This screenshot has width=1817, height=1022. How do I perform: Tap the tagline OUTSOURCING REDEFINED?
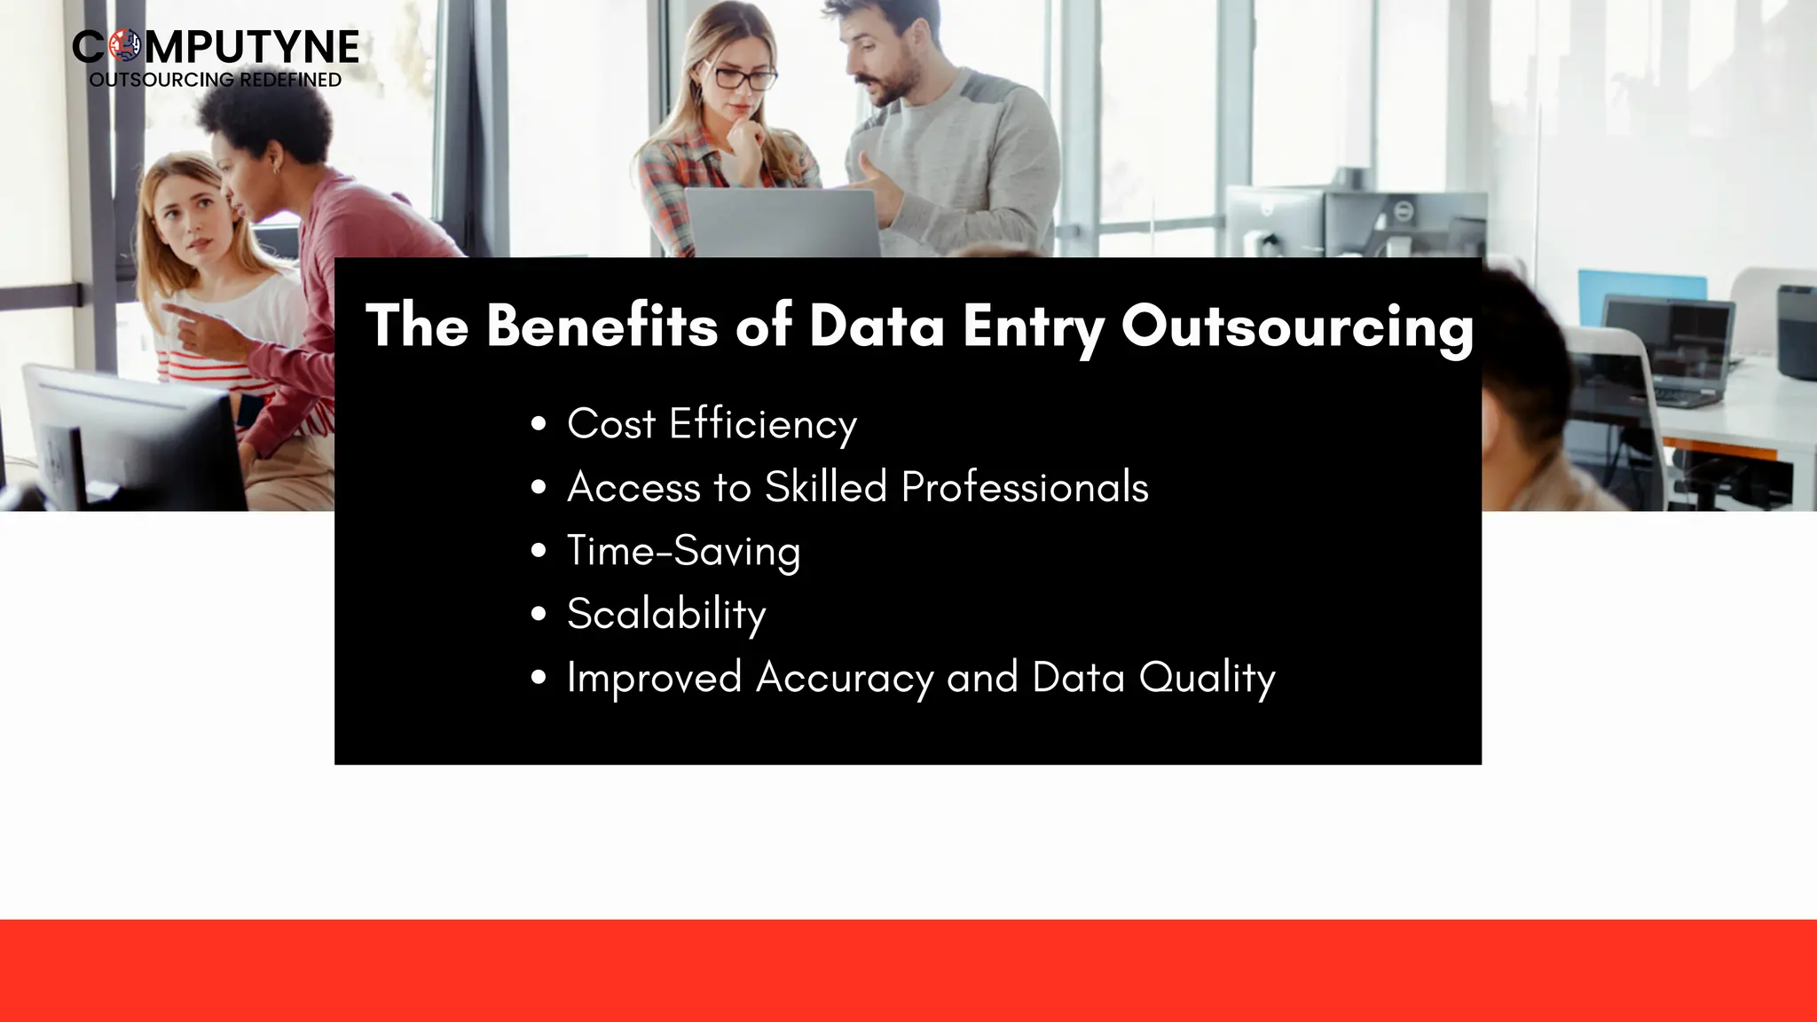(216, 80)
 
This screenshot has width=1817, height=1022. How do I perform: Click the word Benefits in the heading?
(602, 325)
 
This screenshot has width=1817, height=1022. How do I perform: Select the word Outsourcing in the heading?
(1297, 326)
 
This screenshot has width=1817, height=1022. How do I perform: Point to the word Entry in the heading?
(1034, 326)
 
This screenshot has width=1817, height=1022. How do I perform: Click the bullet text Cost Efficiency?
(712, 424)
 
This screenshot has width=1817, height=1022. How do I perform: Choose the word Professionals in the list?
(1025, 487)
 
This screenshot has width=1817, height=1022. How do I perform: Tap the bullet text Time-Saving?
(683, 551)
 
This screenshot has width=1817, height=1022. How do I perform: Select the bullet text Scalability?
(666, 614)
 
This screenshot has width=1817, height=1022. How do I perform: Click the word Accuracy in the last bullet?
(845, 679)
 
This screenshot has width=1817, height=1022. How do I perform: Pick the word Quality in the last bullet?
(1207, 679)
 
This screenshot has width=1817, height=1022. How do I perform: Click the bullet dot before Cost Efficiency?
(539, 424)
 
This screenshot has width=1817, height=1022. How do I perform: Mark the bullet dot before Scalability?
(539, 614)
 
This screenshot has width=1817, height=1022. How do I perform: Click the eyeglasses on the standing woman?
(742, 78)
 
